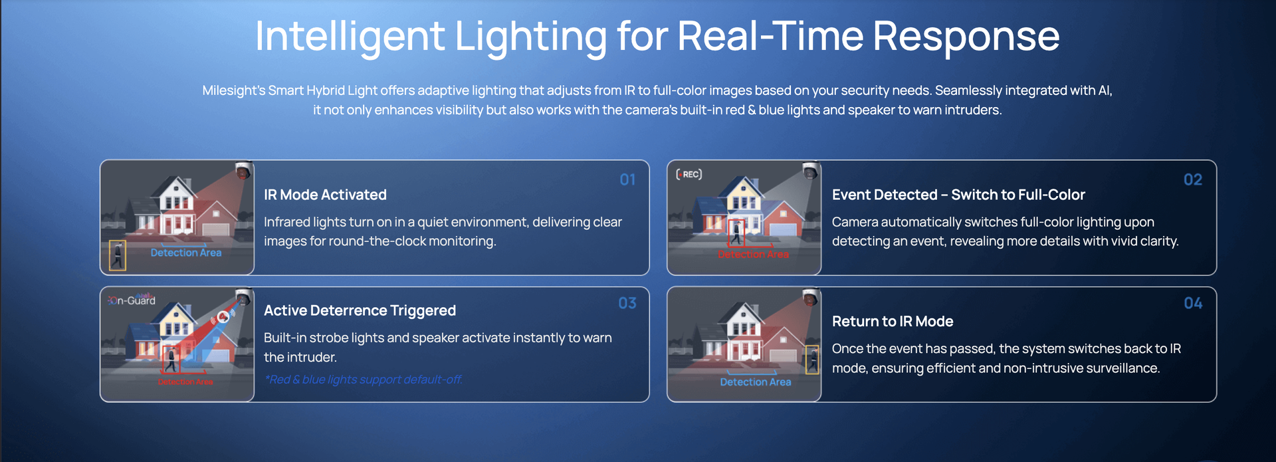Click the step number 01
pyautogui.click(x=627, y=179)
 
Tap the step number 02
pyautogui.click(x=1193, y=179)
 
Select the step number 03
pyautogui.click(x=627, y=303)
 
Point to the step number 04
pyautogui.click(x=1193, y=303)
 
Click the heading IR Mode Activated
pyautogui.click(x=325, y=195)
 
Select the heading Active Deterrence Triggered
pyautogui.click(x=360, y=310)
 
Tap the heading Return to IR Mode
pyautogui.click(x=893, y=322)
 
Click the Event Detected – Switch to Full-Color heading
pyautogui.click(x=958, y=195)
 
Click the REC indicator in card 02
pyautogui.click(x=689, y=174)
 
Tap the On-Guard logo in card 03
pyautogui.click(x=132, y=300)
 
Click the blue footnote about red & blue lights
pyautogui.click(x=363, y=380)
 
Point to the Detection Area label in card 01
pyautogui.click(x=186, y=253)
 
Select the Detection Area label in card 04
pyautogui.click(x=756, y=382)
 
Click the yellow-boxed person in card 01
pyautogui.click(x=118, y=255)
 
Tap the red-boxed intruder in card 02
pyautogui.click(x=736, y=233)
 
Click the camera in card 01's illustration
pyautogui.click(x=243, y=170)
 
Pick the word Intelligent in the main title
pyautogui.click(x=350, y=36)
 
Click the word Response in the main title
pyautogui.click(x=966, y=36)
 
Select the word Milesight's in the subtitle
pyautogui.click(x=233, y=90)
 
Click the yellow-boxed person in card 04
pyautogui.click(x=812, y=360)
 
